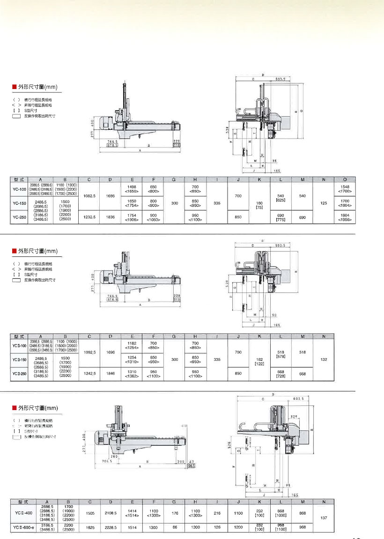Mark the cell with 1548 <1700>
[x=345, y=189]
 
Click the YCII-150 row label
[x=19, y=359]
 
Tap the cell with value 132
[x=323, y=359]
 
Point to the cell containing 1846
[x=110, y=373]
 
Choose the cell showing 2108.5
[x=110, y=513]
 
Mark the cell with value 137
[x=323, y=518]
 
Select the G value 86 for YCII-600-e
[x=175, y=527]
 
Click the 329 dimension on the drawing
[x=294, y=416]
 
